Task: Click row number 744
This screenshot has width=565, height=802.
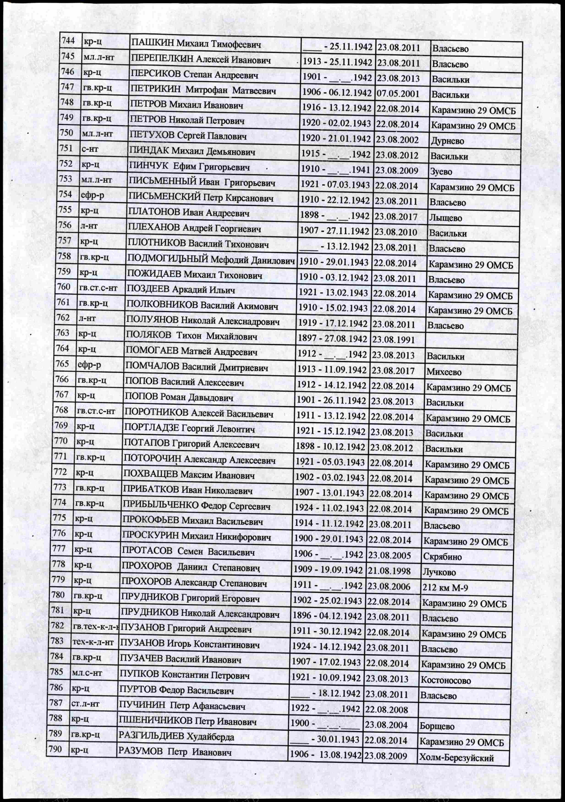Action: coord(68,41)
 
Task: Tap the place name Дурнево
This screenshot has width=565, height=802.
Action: coord(447,141)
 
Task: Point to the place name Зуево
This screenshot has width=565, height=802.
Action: coord(441,171)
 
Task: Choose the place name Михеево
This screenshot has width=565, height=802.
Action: coord(444,372)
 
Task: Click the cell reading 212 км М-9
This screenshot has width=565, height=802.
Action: coord(445,588)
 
